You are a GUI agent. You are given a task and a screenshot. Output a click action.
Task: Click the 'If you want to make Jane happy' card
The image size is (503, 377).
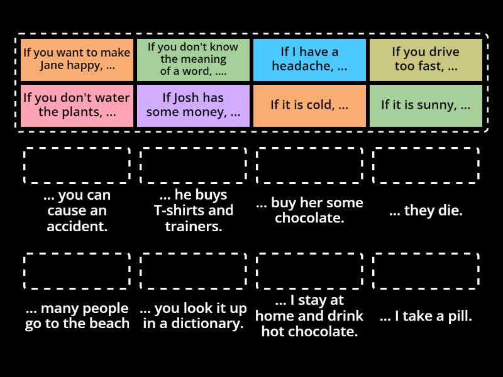click(77, 60)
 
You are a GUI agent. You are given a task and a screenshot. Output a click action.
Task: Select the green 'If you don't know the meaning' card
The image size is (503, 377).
click(194, 60)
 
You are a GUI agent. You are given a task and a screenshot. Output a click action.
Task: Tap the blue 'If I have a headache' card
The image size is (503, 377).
click(309, 60)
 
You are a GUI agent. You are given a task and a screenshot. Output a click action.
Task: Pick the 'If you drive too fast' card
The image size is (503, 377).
click(426, 60)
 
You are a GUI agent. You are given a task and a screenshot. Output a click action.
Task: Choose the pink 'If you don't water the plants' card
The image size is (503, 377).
click(77, 106)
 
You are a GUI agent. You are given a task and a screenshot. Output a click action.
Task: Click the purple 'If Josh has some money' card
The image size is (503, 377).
click(194, 106)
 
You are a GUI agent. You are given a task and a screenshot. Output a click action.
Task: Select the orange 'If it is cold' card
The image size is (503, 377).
click(309, 106)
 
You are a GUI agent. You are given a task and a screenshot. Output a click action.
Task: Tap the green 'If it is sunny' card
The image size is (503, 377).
click(426, 106)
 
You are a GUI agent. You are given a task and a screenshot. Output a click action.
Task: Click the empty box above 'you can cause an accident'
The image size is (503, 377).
click(77, 166)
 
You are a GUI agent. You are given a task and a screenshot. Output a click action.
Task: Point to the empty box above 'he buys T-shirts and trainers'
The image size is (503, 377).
click(194, 166)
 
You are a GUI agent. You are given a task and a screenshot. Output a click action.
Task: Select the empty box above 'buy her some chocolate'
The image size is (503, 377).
click(309, 166)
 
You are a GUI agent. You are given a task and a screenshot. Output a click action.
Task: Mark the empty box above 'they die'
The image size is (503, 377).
click(426, 166)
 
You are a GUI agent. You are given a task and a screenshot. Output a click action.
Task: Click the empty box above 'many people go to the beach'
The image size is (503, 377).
click(77, 271)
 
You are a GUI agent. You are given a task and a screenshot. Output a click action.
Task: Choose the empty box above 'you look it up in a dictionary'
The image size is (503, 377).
click(194, 271)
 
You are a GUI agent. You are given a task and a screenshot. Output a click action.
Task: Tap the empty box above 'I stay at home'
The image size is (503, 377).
click(309, 271)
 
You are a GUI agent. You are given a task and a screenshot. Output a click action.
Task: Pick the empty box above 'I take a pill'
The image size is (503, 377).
click(426, 271)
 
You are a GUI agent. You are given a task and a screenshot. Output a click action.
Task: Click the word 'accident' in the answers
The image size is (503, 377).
click(77, 226)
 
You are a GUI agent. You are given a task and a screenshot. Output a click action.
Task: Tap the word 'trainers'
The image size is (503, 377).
click(194, 226)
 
